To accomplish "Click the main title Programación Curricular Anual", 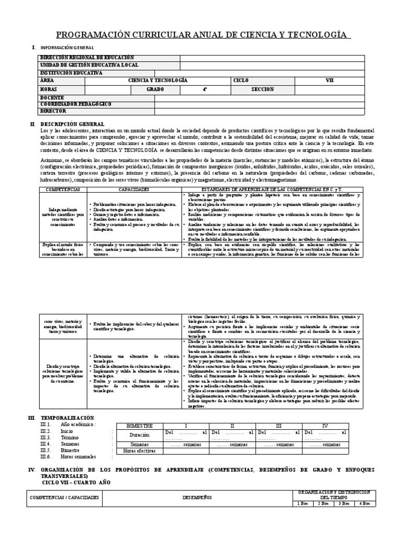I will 200,35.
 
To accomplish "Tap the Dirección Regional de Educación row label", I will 87,58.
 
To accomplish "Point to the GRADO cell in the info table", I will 140,90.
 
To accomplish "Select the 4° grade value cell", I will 205,90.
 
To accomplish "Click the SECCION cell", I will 262,90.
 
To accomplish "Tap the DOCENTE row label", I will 52,97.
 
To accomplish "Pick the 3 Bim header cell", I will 344,504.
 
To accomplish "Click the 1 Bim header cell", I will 302,504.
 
